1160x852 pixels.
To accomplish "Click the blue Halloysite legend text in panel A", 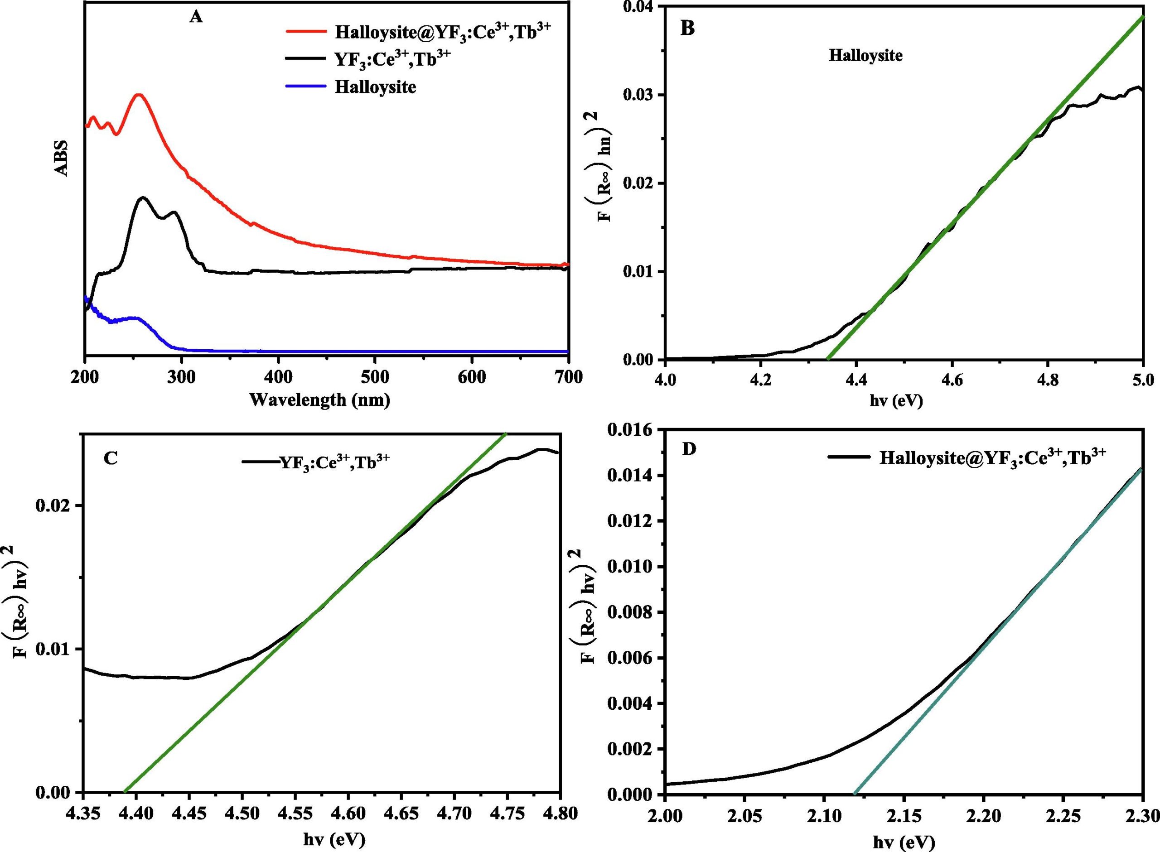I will coord(375,86).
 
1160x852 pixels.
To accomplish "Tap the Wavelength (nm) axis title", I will coord(319,400).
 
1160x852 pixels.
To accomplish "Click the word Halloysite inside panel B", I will coord(865,55).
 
